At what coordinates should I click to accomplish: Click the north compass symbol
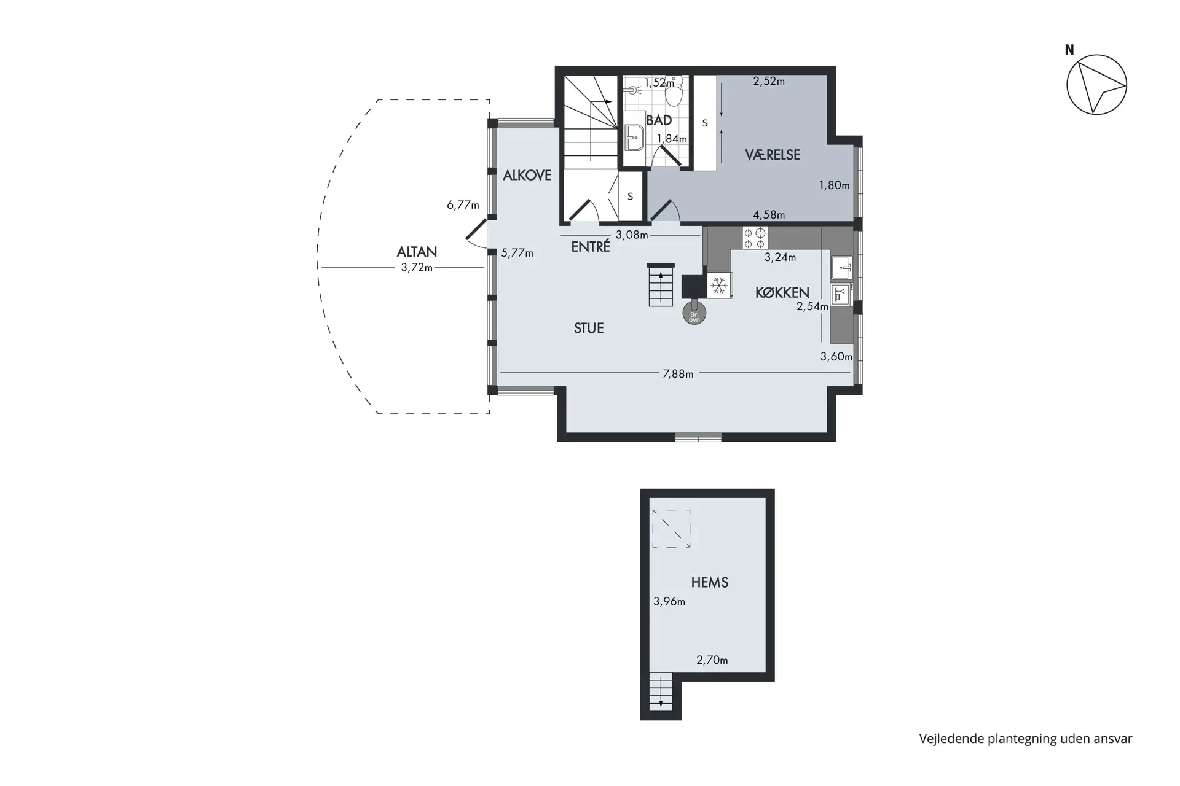[1096, 84]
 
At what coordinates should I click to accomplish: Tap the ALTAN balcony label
[417, 252]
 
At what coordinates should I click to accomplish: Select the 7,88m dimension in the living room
[678, 373]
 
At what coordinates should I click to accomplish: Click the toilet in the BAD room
[674, 92]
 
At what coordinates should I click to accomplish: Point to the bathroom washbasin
[634, 138]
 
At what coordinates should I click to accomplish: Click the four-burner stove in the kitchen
[755, 238]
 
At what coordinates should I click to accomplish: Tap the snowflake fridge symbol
[719, 286]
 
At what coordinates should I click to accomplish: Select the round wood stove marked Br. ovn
[694, 313]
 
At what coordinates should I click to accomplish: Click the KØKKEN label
[782, 293]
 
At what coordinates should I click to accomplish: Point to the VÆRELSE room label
[773, 155]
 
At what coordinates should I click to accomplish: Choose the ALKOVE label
[527, 176]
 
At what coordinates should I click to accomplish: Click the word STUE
[589, 329]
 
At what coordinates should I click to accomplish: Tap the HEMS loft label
[710, 582]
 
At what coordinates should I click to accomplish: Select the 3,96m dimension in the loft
[669, 602]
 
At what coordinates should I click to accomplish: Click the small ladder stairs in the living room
[661, 284]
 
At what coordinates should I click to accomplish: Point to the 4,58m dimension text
[769, 215]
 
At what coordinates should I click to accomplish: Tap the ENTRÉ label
[591, 246]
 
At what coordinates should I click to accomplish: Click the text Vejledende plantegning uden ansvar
[1026, 739]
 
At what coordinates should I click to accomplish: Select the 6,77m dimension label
[463, 205]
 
